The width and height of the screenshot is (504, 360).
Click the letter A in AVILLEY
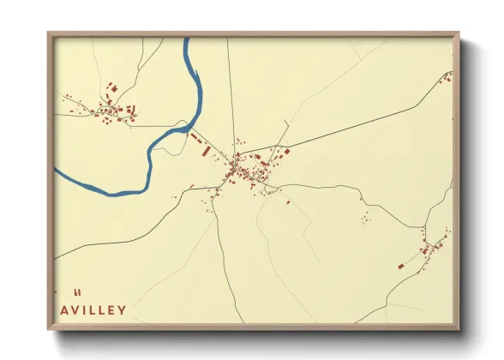[67, 310]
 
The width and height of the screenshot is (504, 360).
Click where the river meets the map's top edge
[185, 39]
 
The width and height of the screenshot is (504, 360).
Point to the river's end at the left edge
[56, 169]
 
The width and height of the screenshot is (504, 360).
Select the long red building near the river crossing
[206, 149]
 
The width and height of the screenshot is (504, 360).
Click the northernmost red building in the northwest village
[111, 87]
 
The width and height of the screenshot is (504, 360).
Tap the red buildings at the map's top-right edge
[447, 77]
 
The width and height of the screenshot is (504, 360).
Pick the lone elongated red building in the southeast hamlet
[400, 267]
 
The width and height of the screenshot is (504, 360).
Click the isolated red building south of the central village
[288, 202]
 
